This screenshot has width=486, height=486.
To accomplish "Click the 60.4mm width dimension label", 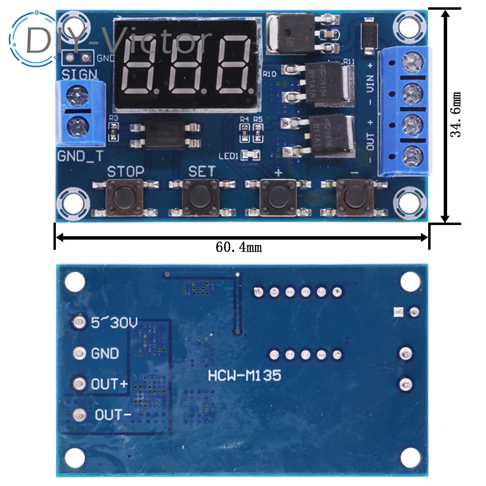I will (x=239, y=247).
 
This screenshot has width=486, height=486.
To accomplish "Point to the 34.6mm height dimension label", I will (x=456, y=115).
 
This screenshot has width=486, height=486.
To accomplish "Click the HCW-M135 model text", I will (x=244, y=375).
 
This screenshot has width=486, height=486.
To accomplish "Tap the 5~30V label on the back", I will (x=115, y=322).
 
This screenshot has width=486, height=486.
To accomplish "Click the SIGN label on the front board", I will (x=79, y=75).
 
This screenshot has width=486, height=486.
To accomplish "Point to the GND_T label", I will (x=80, y=156).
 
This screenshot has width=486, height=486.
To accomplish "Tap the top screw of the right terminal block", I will (x=412, y=61).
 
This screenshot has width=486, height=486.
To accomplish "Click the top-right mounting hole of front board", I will (x=407, y=23).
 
